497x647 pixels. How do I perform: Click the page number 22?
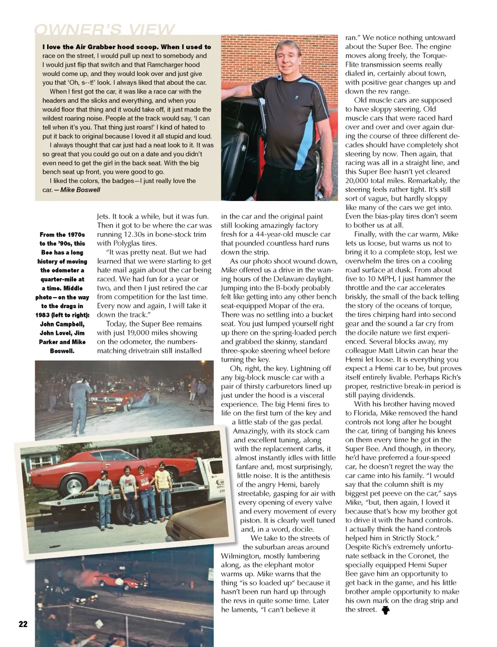pos(23,624)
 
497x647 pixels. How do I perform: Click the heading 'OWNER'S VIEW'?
pos(104,30)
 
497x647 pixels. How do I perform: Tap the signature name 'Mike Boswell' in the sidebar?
pos(80,190)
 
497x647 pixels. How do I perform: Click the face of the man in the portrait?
pos(288,58)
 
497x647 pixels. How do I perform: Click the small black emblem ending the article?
pos(385,610)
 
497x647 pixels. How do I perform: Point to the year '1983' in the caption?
pos(43,315)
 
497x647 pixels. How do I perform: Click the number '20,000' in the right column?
pos(358,181)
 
